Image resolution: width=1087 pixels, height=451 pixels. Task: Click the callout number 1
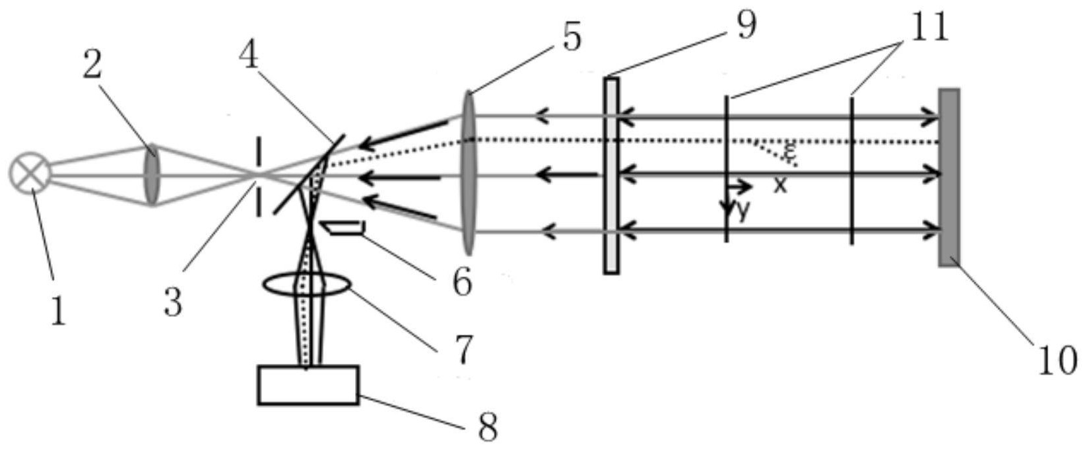58,311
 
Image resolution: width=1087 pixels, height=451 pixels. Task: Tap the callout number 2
92,66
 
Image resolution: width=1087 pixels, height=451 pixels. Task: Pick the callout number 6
462,283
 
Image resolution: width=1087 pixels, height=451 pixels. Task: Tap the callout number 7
463,349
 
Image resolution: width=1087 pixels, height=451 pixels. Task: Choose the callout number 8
488,427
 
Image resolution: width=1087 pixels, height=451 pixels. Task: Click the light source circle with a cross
30,173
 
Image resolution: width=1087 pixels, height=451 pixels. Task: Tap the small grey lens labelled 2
152,174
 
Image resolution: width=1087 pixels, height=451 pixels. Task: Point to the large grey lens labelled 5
468,173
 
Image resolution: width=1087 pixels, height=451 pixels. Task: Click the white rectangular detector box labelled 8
308,385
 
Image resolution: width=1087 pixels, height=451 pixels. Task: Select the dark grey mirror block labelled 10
949,177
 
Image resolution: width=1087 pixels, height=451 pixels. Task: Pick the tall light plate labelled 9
611,176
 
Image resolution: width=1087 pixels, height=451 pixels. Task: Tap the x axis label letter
780,185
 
